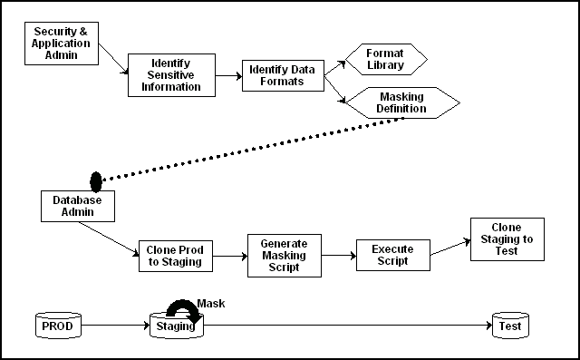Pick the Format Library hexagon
(384, 59)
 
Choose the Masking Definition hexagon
(402, 102)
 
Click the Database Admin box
(81, 205)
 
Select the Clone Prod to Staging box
(175, 257)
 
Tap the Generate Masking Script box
(284, 256)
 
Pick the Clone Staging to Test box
(507, 238)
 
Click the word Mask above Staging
(210, 304)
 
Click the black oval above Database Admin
(96, 182)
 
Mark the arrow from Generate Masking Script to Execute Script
(338, 256)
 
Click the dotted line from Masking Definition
(254, 150)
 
